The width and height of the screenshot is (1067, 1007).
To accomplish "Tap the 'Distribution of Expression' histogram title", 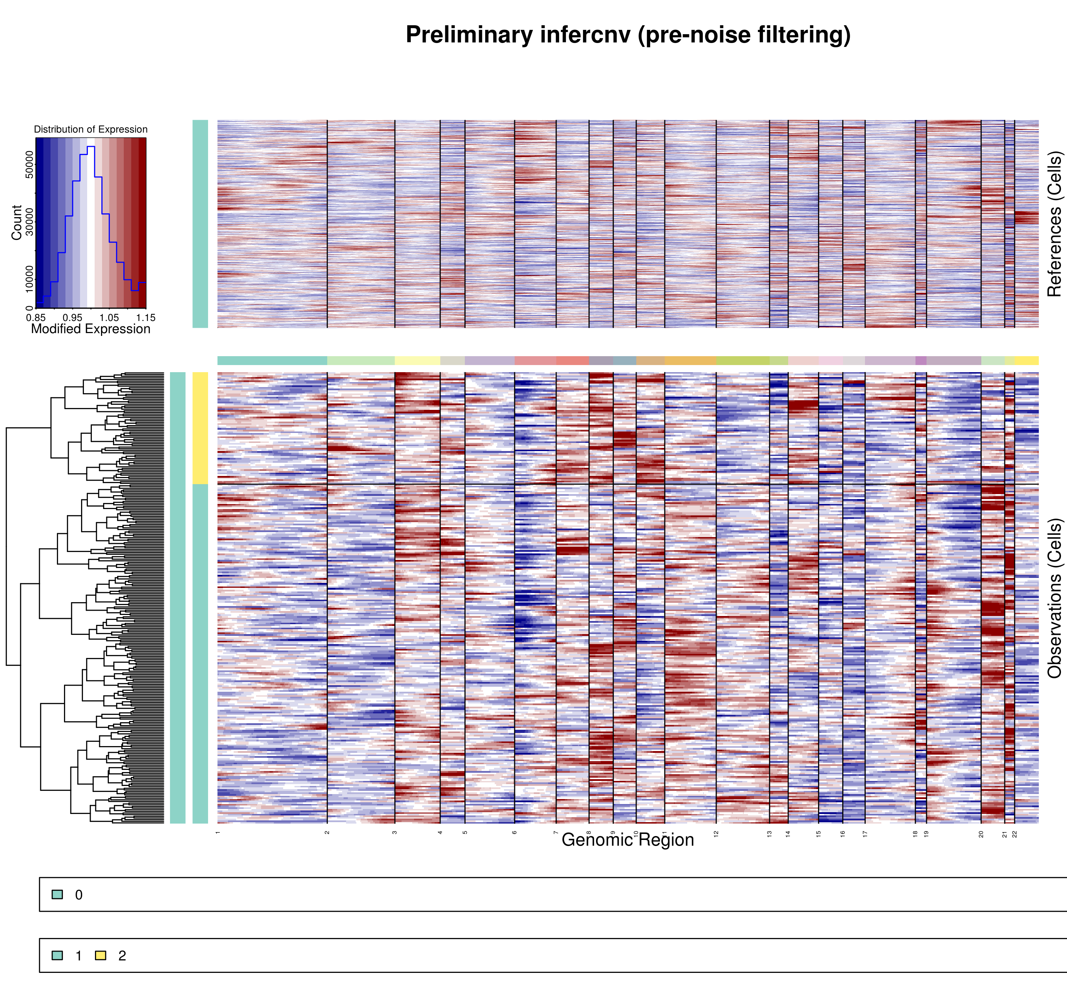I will tap(91, 129).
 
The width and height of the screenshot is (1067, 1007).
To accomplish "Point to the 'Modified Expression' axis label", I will tap(91, 329).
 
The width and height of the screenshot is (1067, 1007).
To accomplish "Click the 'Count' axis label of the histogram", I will tap(17, 222).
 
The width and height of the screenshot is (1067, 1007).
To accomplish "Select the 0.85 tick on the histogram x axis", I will tap(36, 318).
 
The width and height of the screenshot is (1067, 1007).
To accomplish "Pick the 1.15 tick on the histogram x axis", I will tap(145, 318).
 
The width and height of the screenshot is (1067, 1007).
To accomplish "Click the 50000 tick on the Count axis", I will tap(30, 164).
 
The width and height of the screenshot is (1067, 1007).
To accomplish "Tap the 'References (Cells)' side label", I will tap(1054, 224).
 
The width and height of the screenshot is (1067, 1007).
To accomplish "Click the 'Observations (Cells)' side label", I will tap(1054, 598).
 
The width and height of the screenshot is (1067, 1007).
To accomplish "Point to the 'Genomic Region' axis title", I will tap(628, 840).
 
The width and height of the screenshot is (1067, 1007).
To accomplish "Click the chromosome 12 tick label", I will tap(716, 834).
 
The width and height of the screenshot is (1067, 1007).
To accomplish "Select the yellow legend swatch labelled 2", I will tap(100, 955).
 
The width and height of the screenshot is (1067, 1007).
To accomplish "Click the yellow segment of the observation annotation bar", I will tap(200, 428).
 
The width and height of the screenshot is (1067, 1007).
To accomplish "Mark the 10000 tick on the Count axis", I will tap(30, 279).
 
